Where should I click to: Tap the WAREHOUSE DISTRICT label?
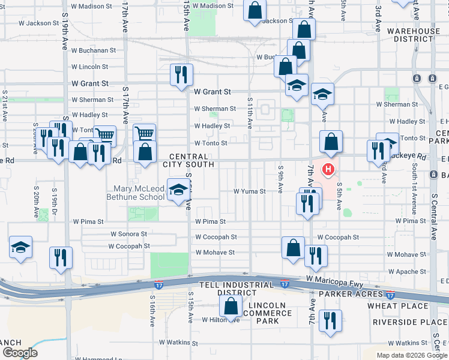pyautogui.click(x=413, y=35)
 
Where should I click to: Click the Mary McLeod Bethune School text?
pyautogui.click(x=135, y=193)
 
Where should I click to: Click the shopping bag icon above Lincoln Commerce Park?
pyautogui.click(x=231, y=307)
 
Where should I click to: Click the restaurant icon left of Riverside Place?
pyautogui.click(x=329, y=321)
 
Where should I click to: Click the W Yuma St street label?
pyautogui.click(x=250, y=191)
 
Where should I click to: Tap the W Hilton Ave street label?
pyautogui.click(x=221, y=320)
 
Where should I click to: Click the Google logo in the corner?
pyautogui.click(x=20, y=352)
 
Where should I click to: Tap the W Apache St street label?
pyautogui.click(x=406, y=271)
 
